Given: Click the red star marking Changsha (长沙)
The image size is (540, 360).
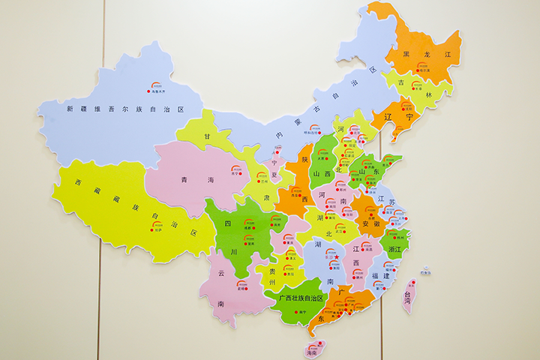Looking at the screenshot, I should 337,259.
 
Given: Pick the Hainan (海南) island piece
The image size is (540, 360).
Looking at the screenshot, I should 316,348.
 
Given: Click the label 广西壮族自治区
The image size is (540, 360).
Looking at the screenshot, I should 300,298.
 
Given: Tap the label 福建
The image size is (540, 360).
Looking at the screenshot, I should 381,275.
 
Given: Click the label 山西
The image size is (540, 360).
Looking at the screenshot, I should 322,174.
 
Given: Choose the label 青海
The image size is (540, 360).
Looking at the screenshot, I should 197,180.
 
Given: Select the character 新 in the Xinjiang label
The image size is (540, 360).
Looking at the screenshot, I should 70,109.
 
